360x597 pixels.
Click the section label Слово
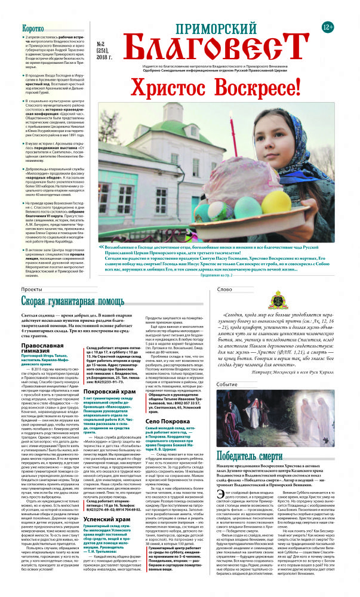(x=225, y=290)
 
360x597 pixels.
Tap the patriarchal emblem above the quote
(x=279, y=298)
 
